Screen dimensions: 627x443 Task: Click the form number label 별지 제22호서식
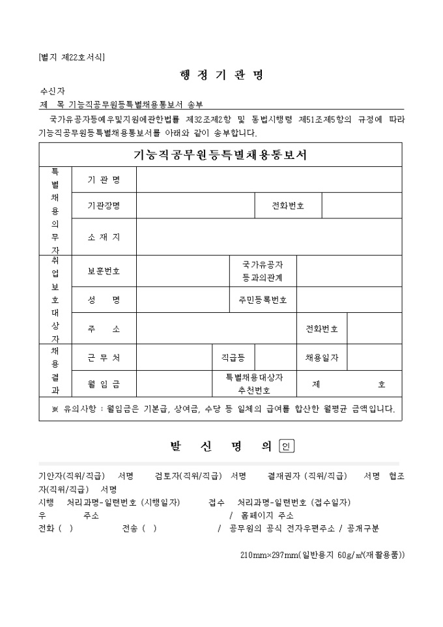pos(72,57)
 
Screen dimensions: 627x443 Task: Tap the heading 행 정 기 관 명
pos(221,75)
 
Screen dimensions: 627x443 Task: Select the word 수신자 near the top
pos(52,91)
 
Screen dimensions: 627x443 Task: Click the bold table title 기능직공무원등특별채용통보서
pos(220,155)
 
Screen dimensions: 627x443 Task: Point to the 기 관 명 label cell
pos(104,179)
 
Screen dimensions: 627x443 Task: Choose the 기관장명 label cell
pos(104,205)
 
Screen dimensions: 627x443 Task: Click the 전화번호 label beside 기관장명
pos(288,205)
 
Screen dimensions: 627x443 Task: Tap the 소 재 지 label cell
pos(104,237)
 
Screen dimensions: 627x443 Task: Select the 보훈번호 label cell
pos(104,270)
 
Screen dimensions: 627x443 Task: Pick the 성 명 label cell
pos(104,300)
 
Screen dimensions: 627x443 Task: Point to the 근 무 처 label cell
pos(104,357)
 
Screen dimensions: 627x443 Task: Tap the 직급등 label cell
pos(233,357)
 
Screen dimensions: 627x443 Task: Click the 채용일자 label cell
pos(322,357)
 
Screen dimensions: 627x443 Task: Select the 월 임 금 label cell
pos(104,384)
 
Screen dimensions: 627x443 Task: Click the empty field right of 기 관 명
pos(268,179)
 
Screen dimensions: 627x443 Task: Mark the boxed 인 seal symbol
pos(287,446)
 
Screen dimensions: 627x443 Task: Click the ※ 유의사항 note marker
pos(55,409)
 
